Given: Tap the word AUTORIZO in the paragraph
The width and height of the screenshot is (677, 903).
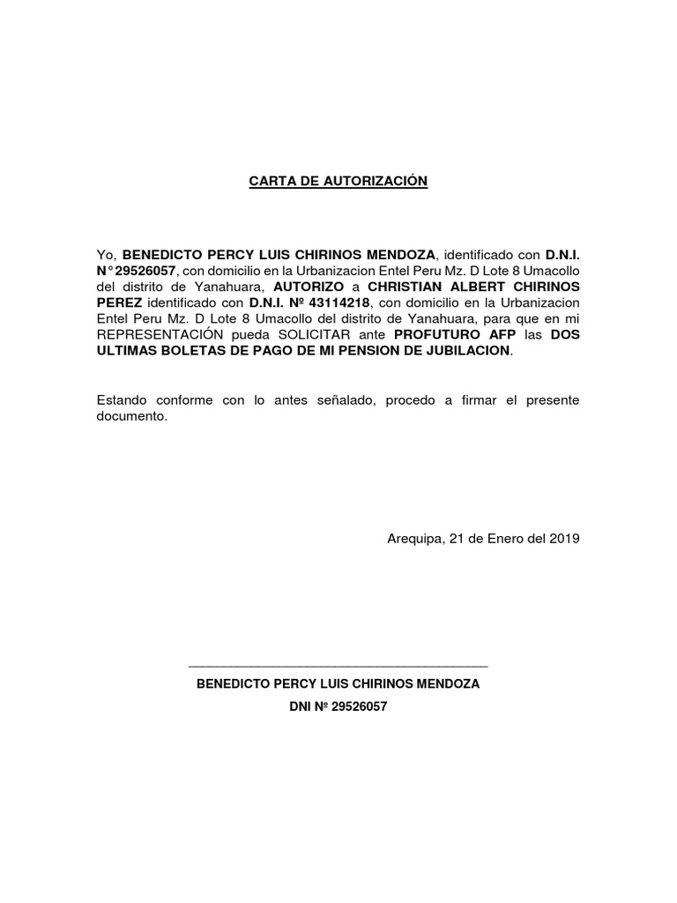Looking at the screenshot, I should point(307,287).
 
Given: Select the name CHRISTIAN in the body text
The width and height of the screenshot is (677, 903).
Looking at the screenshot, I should point(407,287).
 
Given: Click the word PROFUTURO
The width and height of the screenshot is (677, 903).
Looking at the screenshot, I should point(439,335).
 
